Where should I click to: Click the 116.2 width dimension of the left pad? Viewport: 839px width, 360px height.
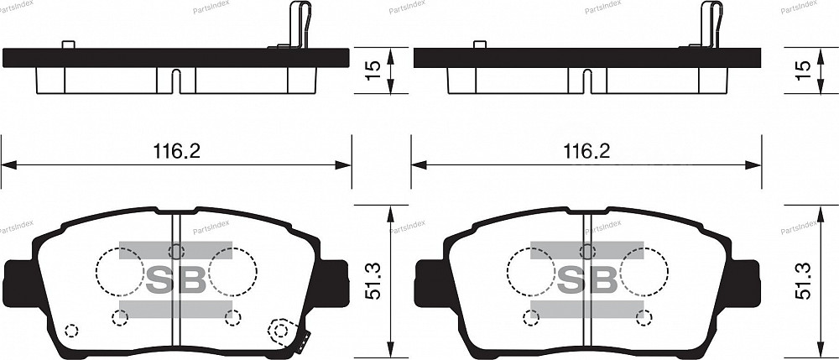(176, 151)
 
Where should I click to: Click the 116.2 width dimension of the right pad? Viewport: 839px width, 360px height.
(586, 151)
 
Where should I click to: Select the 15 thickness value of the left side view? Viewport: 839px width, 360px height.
(373, 70)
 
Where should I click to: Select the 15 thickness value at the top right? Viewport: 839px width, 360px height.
(803, 70)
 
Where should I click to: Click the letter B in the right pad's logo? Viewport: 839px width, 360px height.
(602, 279)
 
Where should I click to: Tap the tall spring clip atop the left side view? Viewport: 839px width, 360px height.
(300, 25)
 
